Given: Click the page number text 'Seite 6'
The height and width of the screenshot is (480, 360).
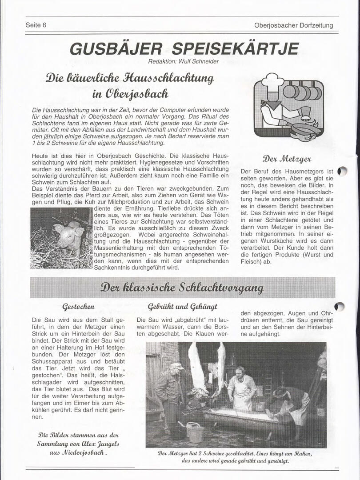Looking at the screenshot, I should click(36, 25).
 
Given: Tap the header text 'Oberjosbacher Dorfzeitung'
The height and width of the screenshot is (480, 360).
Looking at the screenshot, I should click(293, 25).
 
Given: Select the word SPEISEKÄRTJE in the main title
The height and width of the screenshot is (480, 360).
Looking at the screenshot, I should click(235, 48).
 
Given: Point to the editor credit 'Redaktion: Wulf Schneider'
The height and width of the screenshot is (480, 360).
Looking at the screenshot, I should click(184, 61).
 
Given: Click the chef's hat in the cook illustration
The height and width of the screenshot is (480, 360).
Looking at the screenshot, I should click(272, 80).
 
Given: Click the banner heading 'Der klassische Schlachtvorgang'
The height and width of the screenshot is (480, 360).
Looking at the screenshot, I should click(182, 287).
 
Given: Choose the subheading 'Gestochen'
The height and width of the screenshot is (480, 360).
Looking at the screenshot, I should click(78, 307).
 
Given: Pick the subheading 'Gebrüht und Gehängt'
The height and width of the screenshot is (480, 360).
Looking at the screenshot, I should click(183, 307).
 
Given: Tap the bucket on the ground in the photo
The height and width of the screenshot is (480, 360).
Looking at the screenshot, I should click(195, 432).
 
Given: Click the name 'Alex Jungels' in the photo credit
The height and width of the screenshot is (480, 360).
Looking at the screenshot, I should click(98, 444).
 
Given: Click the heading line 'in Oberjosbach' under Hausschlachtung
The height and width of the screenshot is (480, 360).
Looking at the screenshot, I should click(130, 94).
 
